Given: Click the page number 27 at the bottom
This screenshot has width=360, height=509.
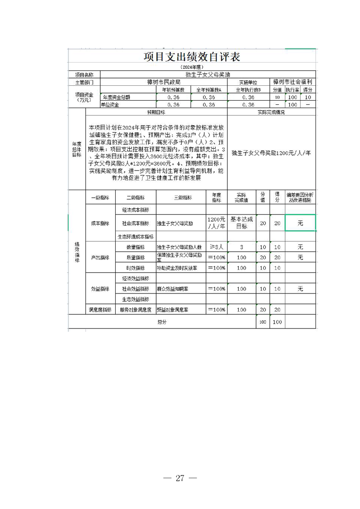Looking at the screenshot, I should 180,478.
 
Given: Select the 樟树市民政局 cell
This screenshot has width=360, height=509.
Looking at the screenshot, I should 164,83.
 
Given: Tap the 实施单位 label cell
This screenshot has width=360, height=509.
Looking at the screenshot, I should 248,83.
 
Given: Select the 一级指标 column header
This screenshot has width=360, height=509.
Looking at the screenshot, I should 100,197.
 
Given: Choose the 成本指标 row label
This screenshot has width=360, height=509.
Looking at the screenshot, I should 100,223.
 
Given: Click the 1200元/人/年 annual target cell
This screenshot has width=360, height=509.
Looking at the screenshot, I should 216,223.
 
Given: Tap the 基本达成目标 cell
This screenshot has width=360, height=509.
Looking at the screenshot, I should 242,223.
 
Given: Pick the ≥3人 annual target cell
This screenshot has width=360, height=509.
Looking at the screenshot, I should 216,247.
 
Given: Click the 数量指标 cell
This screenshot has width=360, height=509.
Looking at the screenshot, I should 136,247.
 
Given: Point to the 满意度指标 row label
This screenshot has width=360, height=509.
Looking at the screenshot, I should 100,310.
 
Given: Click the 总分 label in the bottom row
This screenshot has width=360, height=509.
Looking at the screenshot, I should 162,322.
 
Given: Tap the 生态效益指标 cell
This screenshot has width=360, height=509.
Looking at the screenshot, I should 136,299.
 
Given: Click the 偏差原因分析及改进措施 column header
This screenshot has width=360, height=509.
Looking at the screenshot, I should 300,197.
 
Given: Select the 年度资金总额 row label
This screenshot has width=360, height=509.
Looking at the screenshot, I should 117,97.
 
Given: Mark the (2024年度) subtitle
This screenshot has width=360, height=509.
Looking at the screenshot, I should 192,67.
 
